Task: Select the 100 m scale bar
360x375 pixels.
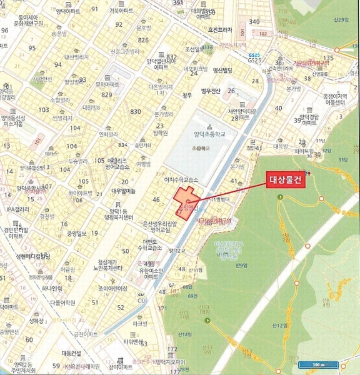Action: point(317,364)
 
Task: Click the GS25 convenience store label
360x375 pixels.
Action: point(254,61)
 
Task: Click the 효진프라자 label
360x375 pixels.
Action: point(219,29)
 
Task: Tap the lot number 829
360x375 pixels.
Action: point(106,95)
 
